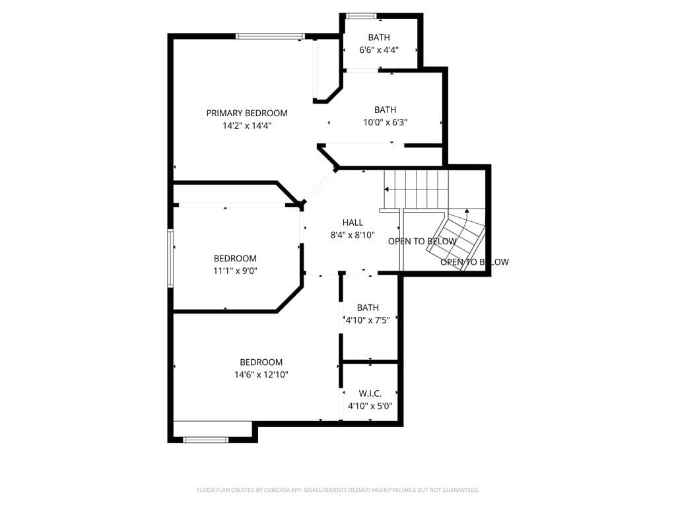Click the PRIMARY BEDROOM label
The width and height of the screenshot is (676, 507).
pyautogui.click(x=247, y=113)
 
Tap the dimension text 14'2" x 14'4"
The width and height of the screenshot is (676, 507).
pyautogui.click(x=247, y=125)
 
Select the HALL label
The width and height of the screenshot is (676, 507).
pyautogui.click(x=353, y=222)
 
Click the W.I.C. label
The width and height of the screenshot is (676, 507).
pyautogui.click(x=370, y=393)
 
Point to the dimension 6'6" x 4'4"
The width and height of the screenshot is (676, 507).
pyautogui.click(x=379, y=50)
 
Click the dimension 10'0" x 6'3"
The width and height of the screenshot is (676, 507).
pyautogui.click(x=385, y=122)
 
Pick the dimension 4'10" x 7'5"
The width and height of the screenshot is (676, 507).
pyautogui.click(x=368, y=320)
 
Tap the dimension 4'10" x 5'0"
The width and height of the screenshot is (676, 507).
pyautogui.click(x=370, y=406)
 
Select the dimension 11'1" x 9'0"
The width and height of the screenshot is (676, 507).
pyautogui.click(x=235, y=270)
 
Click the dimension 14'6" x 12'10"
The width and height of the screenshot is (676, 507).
pyautogui.click(x=261, y=374)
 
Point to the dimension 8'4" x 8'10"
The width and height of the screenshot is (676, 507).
pyautogui.click(x=353, y=234)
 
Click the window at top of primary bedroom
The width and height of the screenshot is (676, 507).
pyautogui.click(x=270, y=36)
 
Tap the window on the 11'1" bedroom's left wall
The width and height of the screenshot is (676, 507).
pyautogui.click(x=170, y=257)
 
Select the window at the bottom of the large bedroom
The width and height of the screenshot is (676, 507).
pyautogui.click(x=205, y=439)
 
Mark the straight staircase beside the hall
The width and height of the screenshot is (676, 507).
pyautogui.click(x=416, y=189)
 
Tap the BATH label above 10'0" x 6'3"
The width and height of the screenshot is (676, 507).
pyautogui.click(x=385, y=110)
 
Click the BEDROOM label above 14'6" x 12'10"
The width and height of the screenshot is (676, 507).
pyautogui.click(x=261, y=362)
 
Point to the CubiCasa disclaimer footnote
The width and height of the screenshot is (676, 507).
pyautogui.click(x=338, y=490)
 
